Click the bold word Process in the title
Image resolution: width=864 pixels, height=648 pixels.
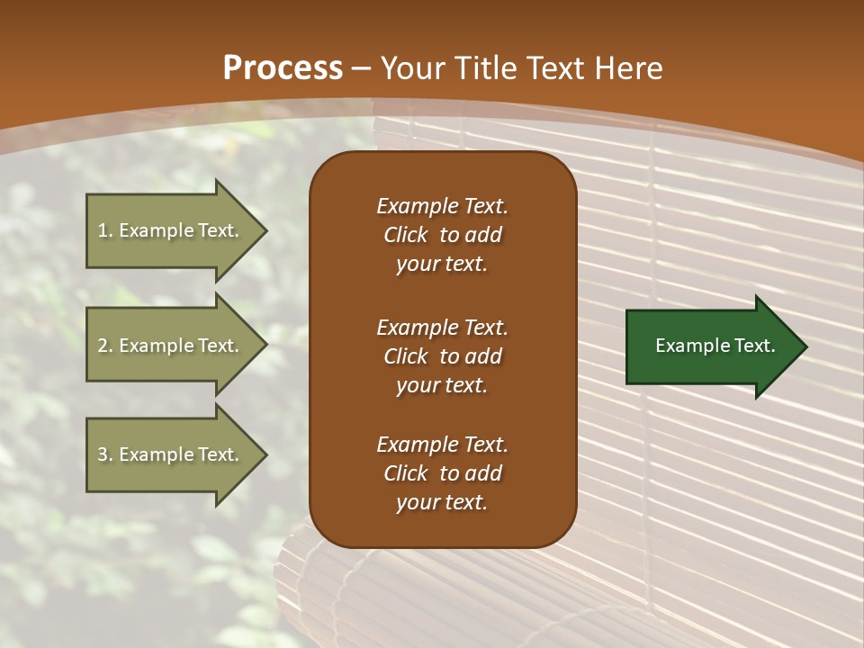[283, 67]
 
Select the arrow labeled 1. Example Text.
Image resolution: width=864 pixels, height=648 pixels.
[171, 230]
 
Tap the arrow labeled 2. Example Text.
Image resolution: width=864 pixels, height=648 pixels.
[171, 346]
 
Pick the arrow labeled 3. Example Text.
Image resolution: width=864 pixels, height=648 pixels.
[171, 454]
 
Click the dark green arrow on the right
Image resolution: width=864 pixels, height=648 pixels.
[711, 346]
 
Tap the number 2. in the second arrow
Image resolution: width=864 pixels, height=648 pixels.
[105, 346]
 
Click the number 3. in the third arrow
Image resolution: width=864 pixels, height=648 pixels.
[105, 454]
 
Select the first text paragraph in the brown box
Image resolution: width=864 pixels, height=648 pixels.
[442, 235]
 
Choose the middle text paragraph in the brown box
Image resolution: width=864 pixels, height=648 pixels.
[442, 356]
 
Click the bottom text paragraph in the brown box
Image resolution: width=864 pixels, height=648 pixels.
[442, 473]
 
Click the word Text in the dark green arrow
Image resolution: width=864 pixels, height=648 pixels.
[755, 346]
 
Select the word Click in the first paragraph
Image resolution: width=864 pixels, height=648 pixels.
[406, 235]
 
